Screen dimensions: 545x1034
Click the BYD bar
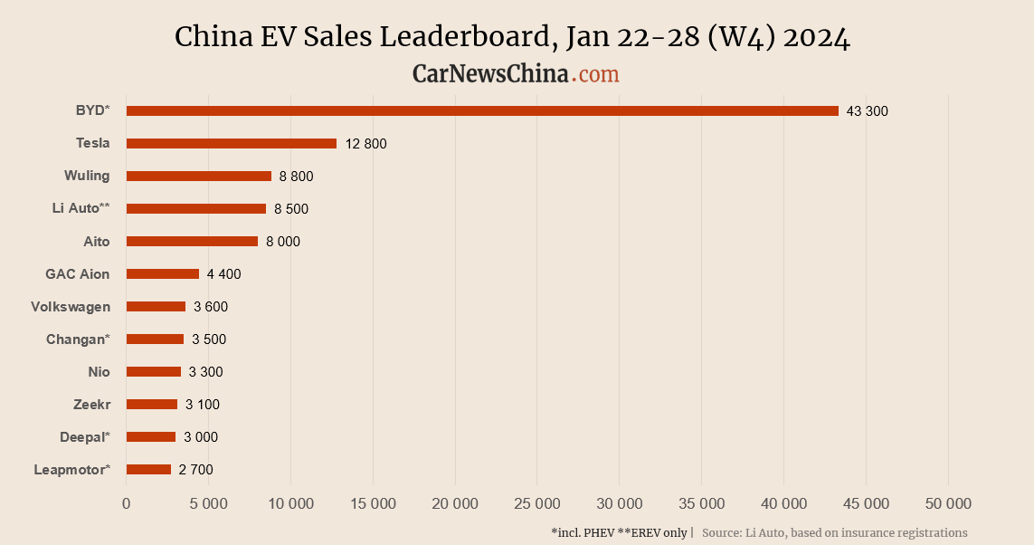pos(482,110)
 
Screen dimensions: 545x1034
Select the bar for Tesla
pos(232,143)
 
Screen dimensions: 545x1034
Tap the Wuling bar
pos(199,176)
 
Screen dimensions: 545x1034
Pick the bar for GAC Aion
pos(163,273)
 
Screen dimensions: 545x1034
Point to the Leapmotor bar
pos(148,469)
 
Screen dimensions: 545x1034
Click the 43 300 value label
pos(868,111)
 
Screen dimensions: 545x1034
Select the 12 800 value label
pos(365,144)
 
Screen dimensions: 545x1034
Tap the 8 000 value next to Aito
pos(283,242)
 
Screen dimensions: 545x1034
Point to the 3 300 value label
pos(205,372)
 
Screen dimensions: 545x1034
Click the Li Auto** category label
pos(81,208)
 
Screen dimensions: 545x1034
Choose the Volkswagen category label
pos(70,306)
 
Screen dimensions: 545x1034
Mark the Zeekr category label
pos(91,404)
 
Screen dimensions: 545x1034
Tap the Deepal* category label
pos(85,436)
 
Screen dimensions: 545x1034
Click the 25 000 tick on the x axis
pos(536,503)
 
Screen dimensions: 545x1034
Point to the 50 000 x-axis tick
pos(948,503)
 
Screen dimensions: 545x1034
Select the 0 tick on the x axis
pos(127,503)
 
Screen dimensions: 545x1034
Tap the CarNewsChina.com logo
pos(516,73)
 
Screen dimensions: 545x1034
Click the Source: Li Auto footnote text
pos(834,532)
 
